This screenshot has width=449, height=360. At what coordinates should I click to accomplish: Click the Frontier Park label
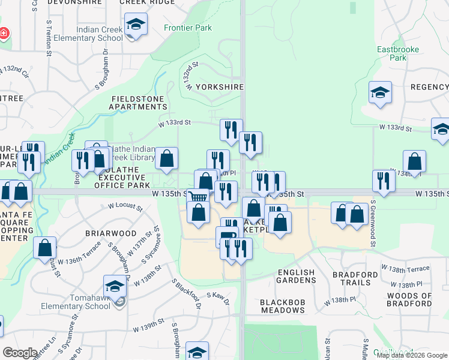(x=188, y=28)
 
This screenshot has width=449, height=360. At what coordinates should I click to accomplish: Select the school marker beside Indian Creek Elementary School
(x=136, y=25)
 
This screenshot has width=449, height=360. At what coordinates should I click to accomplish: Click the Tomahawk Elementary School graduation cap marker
(x=115, y=286)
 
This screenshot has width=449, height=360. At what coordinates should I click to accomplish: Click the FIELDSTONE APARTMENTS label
(x=137, y=103)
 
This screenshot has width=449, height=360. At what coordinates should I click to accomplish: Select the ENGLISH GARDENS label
(x=296, y=276)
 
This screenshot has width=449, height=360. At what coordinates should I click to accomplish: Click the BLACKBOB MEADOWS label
(x=283, y=305)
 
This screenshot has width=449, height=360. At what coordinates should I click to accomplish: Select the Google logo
(x=20, y=352)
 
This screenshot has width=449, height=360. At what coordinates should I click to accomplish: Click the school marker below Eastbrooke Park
(x=380, y=93)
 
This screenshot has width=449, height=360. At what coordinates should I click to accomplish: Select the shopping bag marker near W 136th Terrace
(x=44, y=248)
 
